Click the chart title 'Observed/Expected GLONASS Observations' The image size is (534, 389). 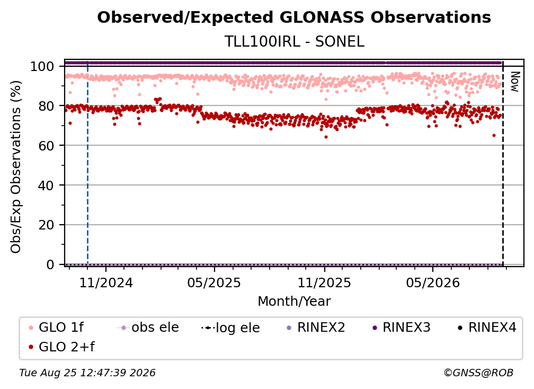click(294, 17)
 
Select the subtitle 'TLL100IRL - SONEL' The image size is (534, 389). click(294, 41)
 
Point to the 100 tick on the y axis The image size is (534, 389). click(42, 66)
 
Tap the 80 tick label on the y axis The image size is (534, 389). click(46, 106)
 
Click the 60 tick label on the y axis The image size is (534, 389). click(46, 145)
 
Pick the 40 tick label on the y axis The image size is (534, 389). click(46, 185)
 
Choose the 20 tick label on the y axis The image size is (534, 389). click(46, 225)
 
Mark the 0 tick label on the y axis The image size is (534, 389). click(50, 264)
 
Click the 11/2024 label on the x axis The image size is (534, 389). click(106, 282)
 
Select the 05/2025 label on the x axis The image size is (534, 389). click(214, 282)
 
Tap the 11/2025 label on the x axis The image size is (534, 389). click(324, 282)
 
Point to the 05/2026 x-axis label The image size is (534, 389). click(432, 282)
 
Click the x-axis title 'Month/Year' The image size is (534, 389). click(294, 301)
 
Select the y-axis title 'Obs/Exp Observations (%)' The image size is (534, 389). click(16, 166)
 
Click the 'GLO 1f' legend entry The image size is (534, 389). click(56, 328)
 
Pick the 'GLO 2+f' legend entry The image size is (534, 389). click(61, 347)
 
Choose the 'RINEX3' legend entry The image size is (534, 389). click(402, 328)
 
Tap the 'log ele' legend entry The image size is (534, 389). click(230, 328)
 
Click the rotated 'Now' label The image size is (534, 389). click(515, 82)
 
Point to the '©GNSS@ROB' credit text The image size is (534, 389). click(478, 373)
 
